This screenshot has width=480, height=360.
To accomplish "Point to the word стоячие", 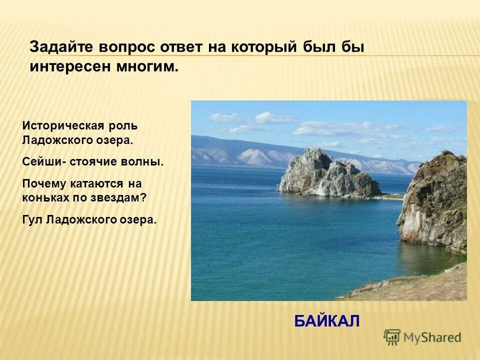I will tap(95, 162).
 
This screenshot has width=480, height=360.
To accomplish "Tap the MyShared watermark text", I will tap(432, 338).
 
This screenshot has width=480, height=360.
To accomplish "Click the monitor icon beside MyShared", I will tap(392, 337).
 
